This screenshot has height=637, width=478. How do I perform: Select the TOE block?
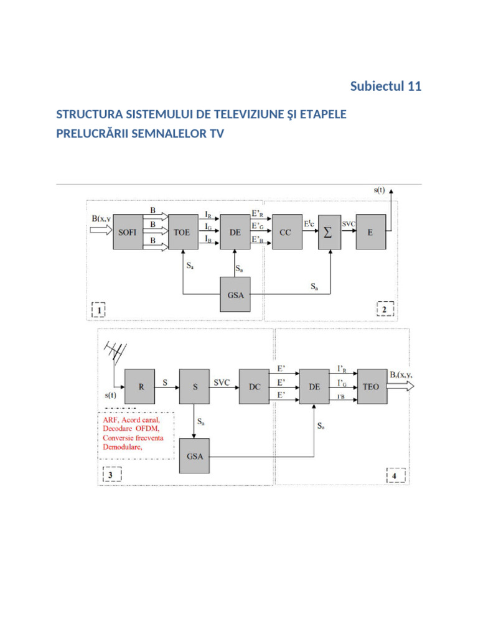[x=184, y=232]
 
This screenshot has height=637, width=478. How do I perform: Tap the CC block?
[x=288, y=232]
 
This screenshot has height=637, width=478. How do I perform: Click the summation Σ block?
[x=330, y=232]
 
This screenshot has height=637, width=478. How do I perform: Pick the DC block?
[x=254, y=386]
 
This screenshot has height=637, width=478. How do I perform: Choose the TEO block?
[x=372, y=386]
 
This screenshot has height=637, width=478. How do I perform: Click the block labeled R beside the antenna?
[x=140, y=386]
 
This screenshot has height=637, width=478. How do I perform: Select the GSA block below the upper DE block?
[x=235, y=294]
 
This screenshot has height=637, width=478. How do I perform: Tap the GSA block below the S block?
[x=194, y=456]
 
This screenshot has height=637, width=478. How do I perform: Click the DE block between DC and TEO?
[x=314, y=386]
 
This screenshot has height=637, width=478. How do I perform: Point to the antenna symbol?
[x=115, y=353]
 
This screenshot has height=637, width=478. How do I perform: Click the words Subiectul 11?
[x=386, y=86]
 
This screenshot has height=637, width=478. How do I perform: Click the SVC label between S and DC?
[x=222, y=383]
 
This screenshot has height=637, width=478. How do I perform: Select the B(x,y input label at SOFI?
[x=101, y=218]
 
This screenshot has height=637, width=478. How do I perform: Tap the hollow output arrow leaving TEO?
[x=400, y=386]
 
